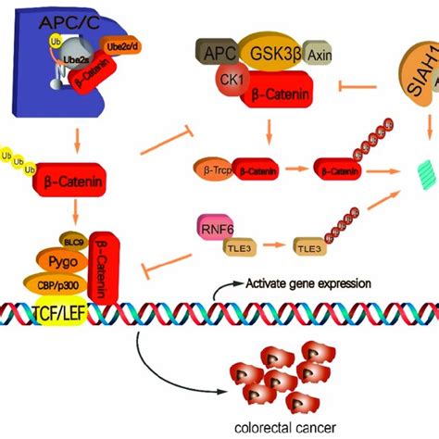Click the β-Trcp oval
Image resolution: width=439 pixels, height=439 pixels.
pyautogui.click(x=210, y=170)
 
